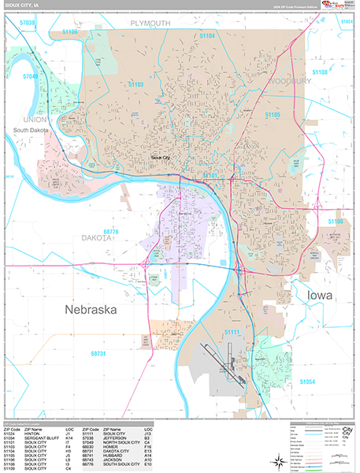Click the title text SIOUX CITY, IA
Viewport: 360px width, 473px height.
pyautogui.click(x=23, y=5)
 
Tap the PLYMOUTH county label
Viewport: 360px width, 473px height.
pyautogui.click(x=150, y=24)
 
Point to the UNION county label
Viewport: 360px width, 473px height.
pyautogui.click(x=27, y=119)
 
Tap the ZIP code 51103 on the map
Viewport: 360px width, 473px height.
pyautogui.click(x=135, y=84)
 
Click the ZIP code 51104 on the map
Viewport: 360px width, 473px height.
pyautogui.click(x=206, y=36)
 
